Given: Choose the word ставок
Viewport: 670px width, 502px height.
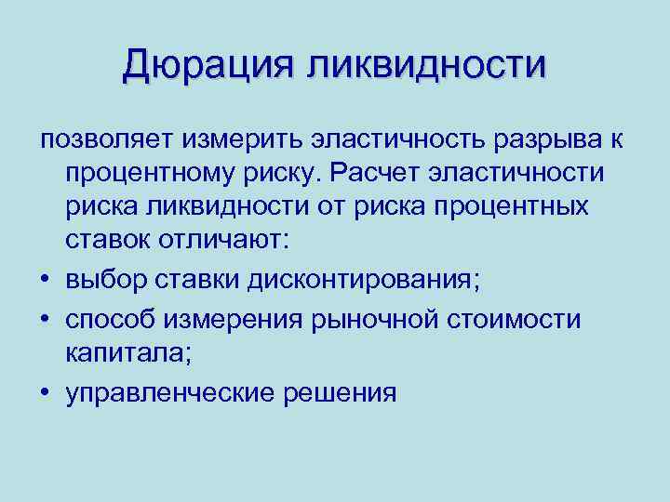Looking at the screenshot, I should pyautogui.click(x=112, y=241).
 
